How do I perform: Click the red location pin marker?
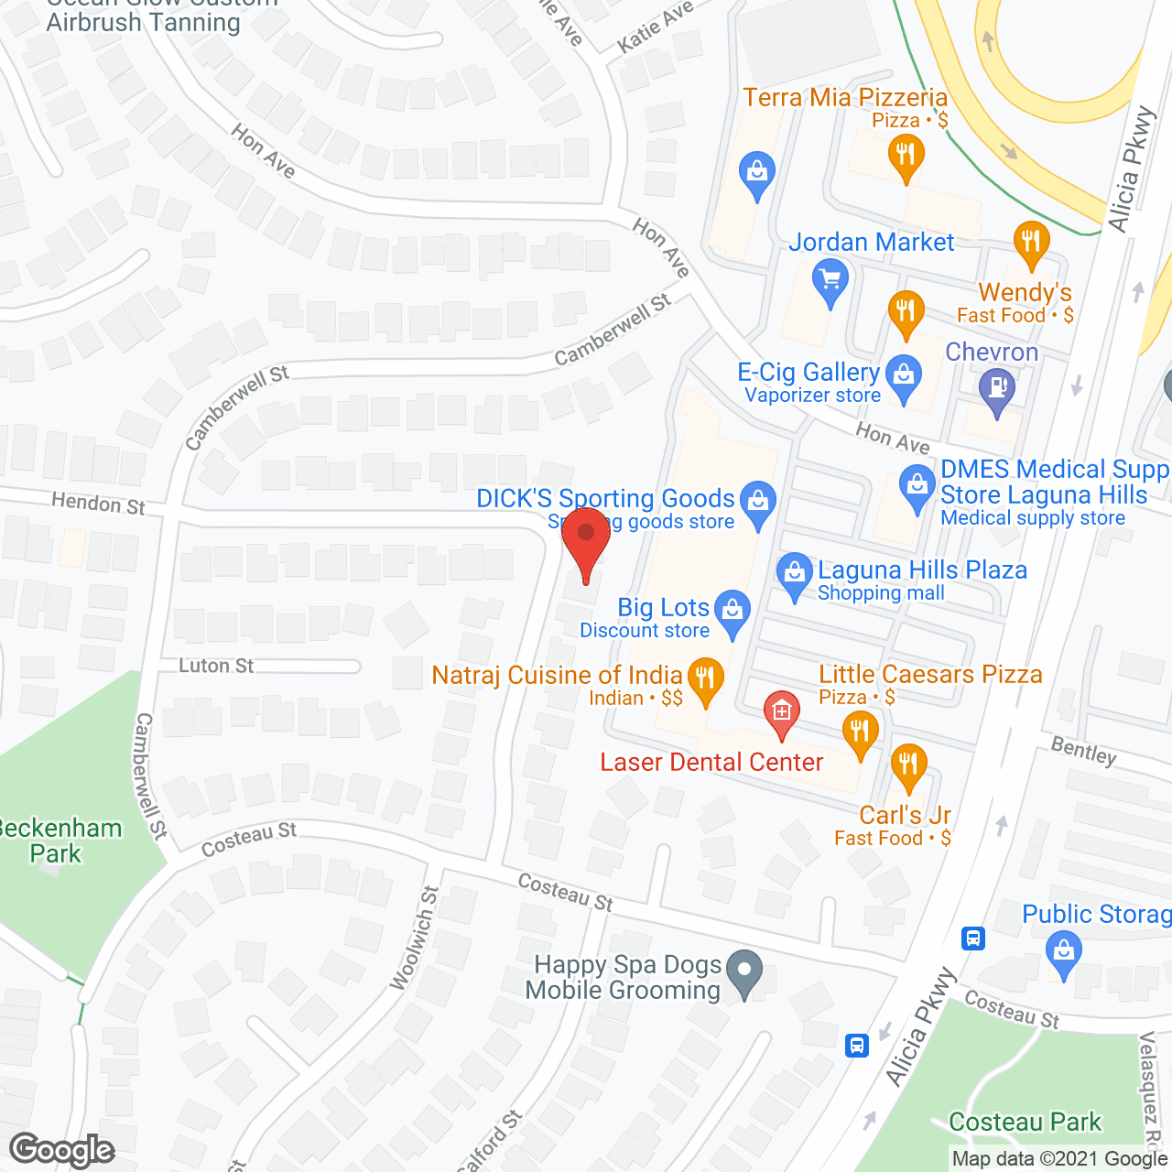586,540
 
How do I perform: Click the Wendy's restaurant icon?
1032,242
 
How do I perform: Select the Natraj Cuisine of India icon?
705,679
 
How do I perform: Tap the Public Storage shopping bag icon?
1064,951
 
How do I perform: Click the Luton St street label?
216,666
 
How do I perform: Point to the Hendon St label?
98,503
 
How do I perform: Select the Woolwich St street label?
415,938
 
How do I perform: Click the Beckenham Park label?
57,841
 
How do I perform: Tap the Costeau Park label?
1025,1122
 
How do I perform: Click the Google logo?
61,1150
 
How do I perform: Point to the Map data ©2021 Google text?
1059,1158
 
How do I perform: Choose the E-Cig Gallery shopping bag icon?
904,375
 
